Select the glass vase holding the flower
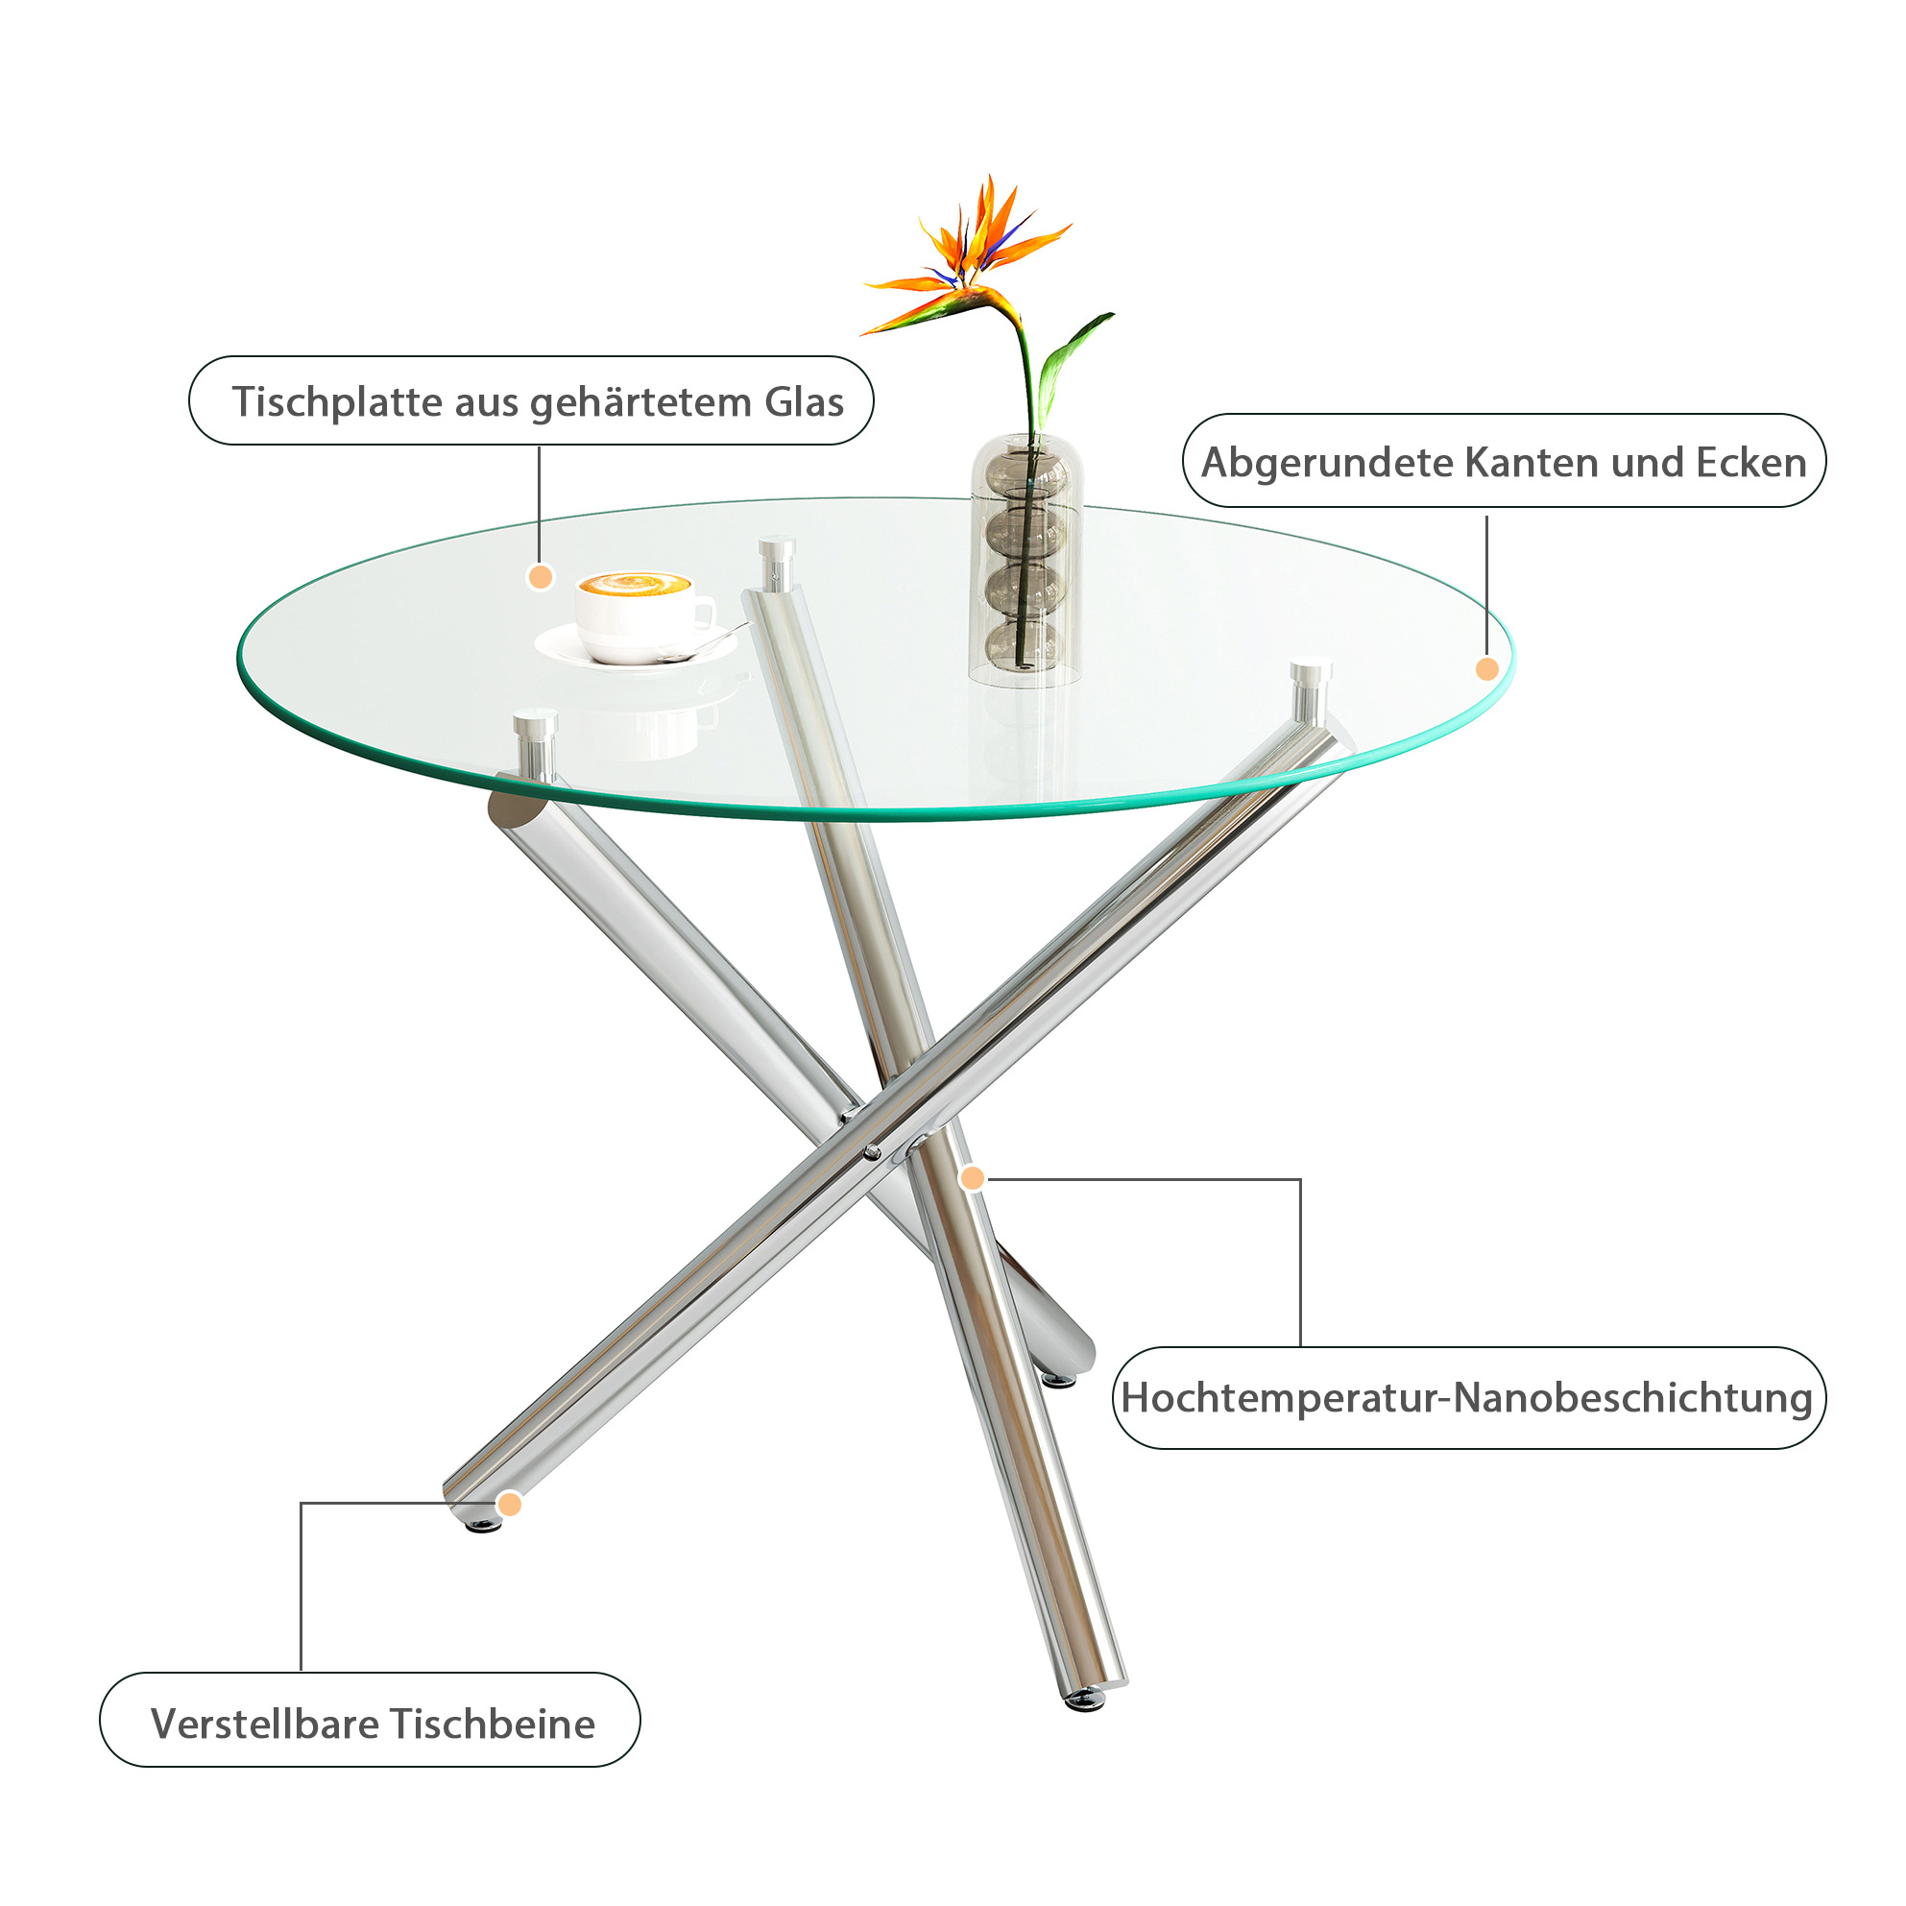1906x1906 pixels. [1026, 560]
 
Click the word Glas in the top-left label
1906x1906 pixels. [804, 401]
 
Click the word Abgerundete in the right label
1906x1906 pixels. [1327, 463]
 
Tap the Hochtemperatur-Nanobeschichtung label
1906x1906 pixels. [1468, 1399]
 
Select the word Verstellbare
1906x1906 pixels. [265, 1725]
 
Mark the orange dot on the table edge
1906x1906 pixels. [1486, 669]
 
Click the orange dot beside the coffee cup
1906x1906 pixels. [541, 577]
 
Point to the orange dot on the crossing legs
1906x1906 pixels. [973, 1178]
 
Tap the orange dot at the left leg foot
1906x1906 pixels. [509, 1505]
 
